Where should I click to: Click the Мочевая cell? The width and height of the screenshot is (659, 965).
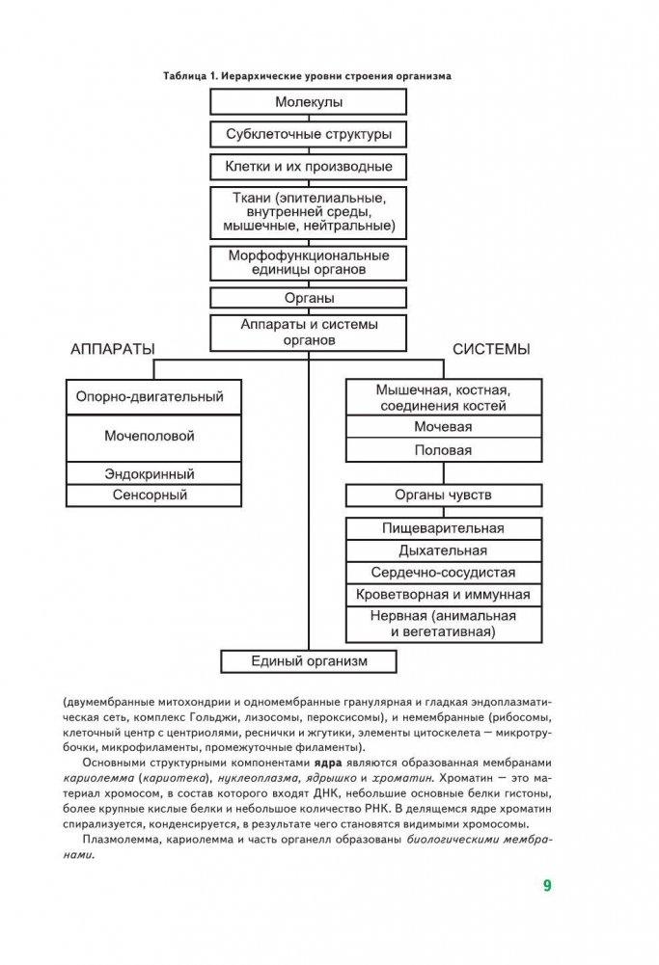click(443, 426)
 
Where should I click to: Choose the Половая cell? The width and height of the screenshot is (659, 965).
click(443, 450)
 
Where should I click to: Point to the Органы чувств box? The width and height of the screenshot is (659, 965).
click(443, 496)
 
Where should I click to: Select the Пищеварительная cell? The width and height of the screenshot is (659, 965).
click(443, 528)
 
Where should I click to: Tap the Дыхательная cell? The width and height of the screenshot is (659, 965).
click(443, 550)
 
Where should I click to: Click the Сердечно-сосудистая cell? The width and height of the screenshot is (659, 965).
click(443, 573)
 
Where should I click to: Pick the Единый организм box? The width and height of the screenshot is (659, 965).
click(309, 661)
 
